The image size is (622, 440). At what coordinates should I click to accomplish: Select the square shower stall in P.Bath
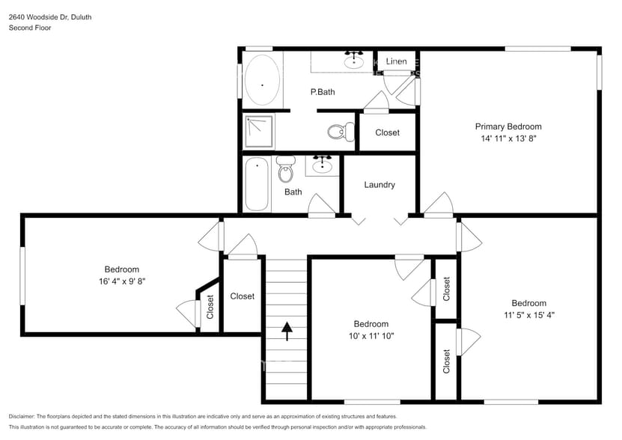[259, 130]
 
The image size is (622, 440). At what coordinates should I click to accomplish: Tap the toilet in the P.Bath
[341, 132]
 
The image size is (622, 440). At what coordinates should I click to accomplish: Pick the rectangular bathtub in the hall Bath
[256, 184]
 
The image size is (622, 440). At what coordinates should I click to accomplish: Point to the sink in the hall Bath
[323, 165]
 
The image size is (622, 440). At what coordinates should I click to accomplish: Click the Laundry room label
[379, 185]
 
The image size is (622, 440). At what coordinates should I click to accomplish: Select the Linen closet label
[397, 61]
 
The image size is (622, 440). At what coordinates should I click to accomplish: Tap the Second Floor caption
[30, 28]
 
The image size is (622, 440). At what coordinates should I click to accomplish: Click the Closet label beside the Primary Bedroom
[387, 132]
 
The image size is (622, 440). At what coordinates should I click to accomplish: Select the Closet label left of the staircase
[242, 296]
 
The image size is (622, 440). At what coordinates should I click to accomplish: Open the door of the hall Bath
[322, 207]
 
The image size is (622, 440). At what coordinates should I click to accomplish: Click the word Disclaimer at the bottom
[22, 416]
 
